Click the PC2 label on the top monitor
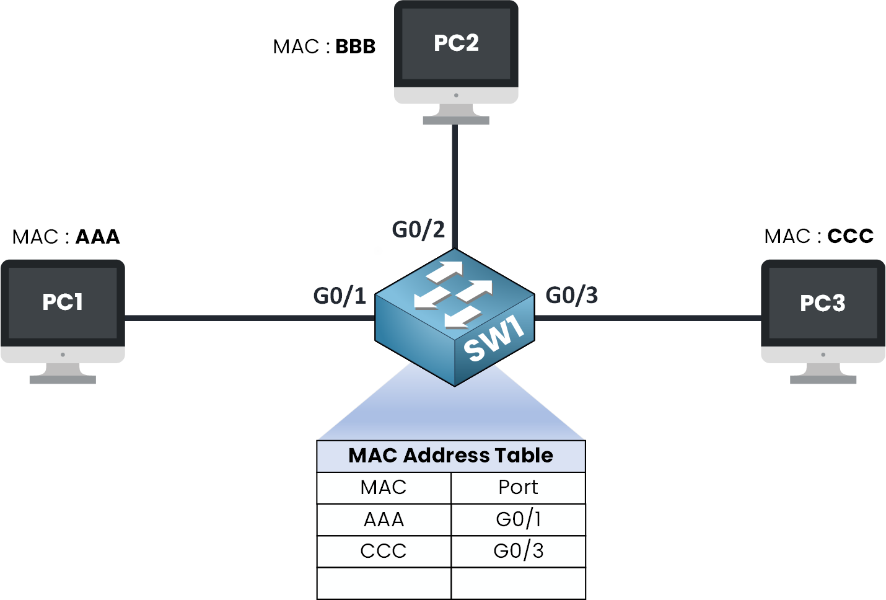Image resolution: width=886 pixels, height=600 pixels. click(456, 43)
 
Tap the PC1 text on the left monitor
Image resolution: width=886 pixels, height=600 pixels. click(63, 302)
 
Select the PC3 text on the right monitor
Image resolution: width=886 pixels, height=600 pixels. click(822, 303)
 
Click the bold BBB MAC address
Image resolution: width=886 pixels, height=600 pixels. click(355, 46)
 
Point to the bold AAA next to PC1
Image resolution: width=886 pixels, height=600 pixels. click(97, 237)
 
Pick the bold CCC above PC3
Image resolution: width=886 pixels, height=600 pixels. click(850, 236)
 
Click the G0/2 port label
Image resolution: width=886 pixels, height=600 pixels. click(418, 229)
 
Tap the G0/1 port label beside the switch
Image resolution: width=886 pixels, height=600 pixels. click(340, 296)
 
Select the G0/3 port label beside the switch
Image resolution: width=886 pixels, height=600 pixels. click(571, 295)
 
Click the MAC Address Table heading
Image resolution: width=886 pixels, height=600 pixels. click(450, 456)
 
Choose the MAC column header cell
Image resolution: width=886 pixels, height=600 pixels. click(384, 488)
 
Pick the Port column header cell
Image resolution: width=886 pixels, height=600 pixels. click(518, 488)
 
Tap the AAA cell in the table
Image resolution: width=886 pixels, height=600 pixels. click(384, 519)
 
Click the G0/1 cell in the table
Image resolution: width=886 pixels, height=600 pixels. click(518, 519)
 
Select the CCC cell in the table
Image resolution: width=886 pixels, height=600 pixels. click(384, 551)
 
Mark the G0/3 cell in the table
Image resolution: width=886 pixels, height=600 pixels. click(518, 551)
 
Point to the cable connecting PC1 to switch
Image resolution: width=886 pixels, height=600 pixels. click(248, 318)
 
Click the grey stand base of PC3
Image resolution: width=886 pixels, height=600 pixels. click(823, 379)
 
